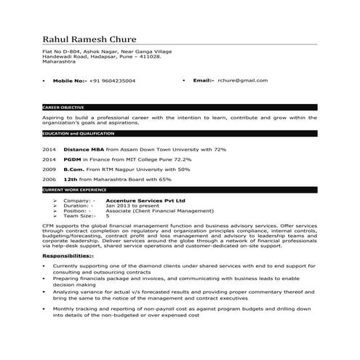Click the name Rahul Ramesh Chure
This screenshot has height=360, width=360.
[98, 39]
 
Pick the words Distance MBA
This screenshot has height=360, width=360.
[81, 148]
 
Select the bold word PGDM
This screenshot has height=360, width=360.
[72, 159]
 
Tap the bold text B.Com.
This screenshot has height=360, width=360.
[73, 169]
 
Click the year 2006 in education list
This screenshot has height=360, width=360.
[49, 179]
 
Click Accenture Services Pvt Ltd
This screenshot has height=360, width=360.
[145, 199]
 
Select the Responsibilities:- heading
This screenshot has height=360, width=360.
[68, 256]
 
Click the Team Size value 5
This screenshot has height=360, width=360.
[108, 216]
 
